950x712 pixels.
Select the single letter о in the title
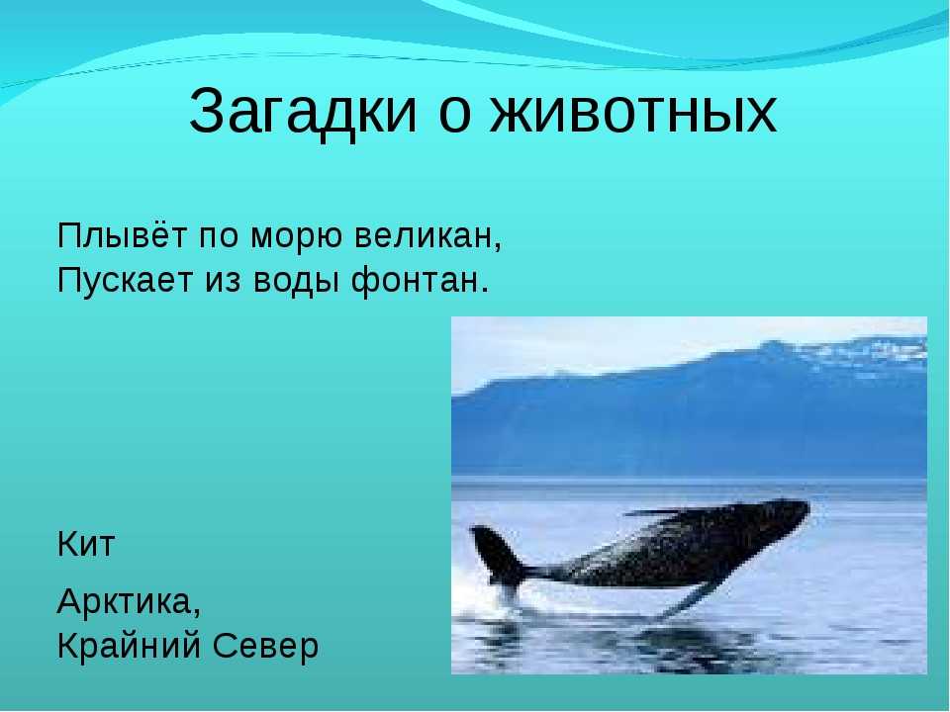point(454,114)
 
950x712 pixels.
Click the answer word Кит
point(86,544)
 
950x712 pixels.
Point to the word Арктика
point(126,601)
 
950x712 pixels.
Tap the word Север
point(266,647)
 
